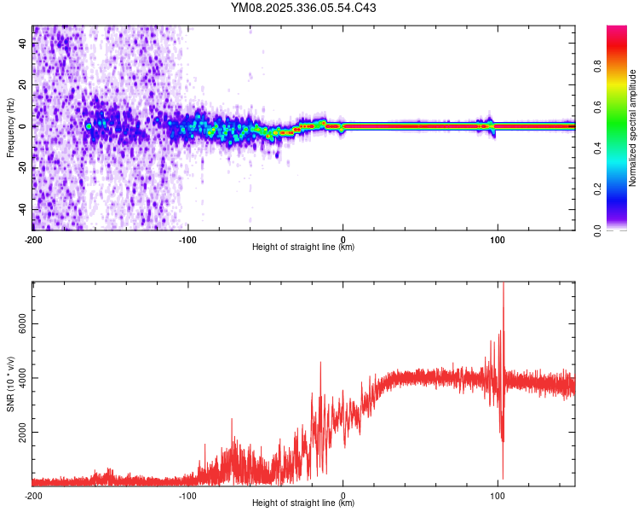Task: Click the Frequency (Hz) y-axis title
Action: tap(10, 128)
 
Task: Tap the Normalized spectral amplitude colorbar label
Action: tap(632, 128)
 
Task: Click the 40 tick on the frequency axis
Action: tap(23, 44)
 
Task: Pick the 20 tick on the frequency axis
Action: tap(23, 85)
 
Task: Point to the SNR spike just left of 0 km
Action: tap(320, 364)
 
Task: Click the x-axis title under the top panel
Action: tap(303, 247)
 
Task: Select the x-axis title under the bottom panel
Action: tap(303, 503)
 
